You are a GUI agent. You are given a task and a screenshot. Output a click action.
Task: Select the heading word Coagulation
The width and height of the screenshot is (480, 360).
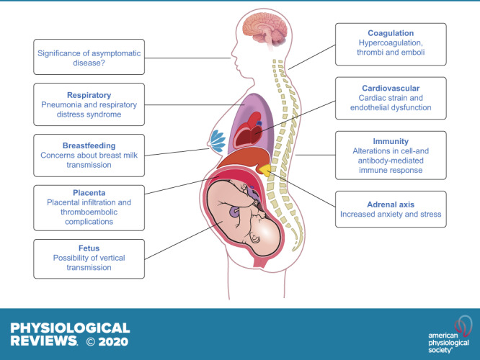390,32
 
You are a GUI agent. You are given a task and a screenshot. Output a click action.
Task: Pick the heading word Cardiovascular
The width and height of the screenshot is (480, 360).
390,87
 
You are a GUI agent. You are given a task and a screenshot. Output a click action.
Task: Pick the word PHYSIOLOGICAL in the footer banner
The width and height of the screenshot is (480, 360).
70,328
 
